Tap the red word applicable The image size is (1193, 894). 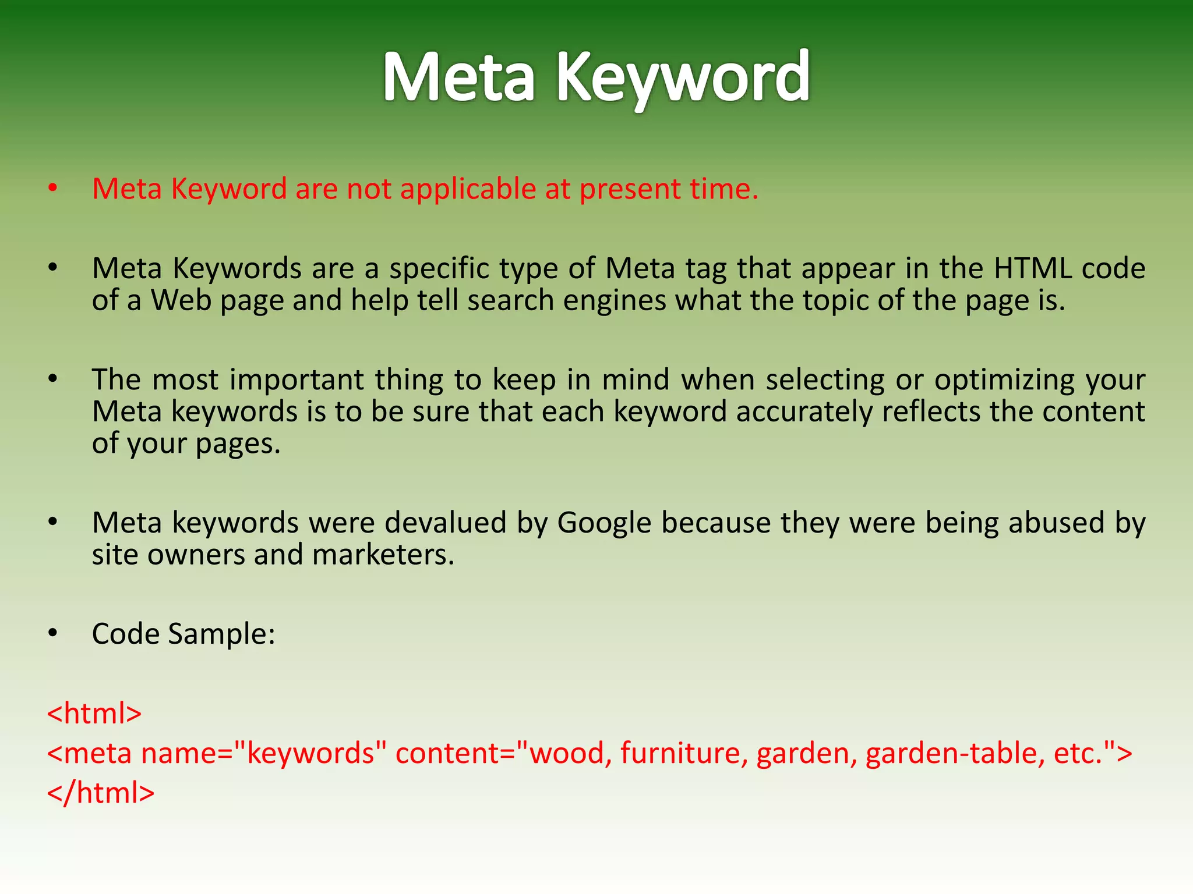point(468,190)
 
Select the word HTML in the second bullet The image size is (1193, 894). point(1032,269)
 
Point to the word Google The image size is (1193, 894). point(603,523)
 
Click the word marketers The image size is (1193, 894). point(383,555)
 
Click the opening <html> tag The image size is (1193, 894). point(94,714)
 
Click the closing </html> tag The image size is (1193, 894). point(101,793)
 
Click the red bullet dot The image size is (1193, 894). point(53,189)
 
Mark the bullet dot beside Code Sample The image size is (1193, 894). point(53,633)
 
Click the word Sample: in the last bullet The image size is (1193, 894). point(221,634)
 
